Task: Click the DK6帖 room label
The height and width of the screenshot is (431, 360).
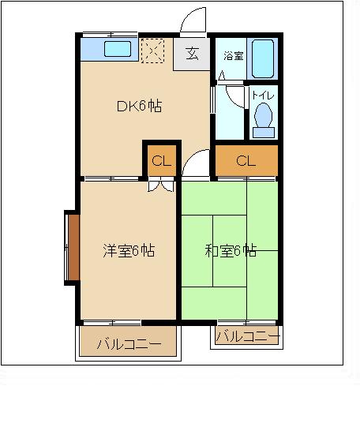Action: click(139, 106)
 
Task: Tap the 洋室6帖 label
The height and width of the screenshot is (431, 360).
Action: click(129, 250)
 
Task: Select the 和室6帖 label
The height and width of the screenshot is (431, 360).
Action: click(231, 250)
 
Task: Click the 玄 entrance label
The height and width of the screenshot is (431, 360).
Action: click(192, 54)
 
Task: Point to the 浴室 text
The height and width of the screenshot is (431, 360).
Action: click(234, 56)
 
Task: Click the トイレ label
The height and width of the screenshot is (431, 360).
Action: click(263, 96)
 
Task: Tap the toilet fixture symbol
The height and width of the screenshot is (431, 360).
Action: click(264, 121)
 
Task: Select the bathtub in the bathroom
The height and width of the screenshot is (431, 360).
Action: click(263, 58)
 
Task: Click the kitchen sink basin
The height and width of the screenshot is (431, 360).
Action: click(118, 49)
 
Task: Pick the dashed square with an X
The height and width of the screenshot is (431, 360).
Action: click(152, 51)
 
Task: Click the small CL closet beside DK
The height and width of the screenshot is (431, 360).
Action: click(162, 160)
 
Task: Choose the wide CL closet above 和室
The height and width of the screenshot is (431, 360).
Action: click(246, 160)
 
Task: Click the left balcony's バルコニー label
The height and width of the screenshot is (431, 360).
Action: click(129, 344)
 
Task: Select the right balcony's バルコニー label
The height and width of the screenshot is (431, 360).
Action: click(248, 336)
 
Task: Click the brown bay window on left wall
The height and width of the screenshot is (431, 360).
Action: click(73, 247)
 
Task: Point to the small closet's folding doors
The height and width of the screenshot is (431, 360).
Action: click(161, 184)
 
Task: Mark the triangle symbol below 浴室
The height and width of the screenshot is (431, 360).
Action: click(222, 76)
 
